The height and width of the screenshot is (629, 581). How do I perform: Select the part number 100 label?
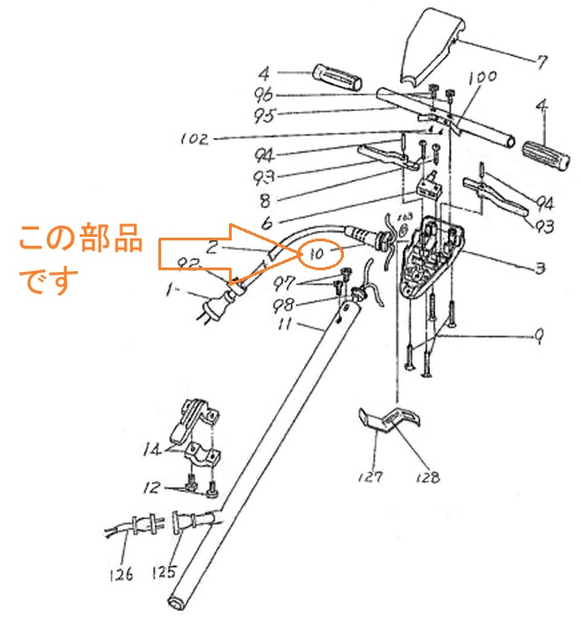tap(481, 79)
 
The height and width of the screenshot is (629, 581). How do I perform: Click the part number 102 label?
tap(195, 139)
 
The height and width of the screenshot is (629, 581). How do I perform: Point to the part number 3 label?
tap(539, 268)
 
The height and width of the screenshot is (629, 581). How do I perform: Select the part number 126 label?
tap(123, 573)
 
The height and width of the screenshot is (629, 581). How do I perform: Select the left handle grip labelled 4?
tap(336, 71)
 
